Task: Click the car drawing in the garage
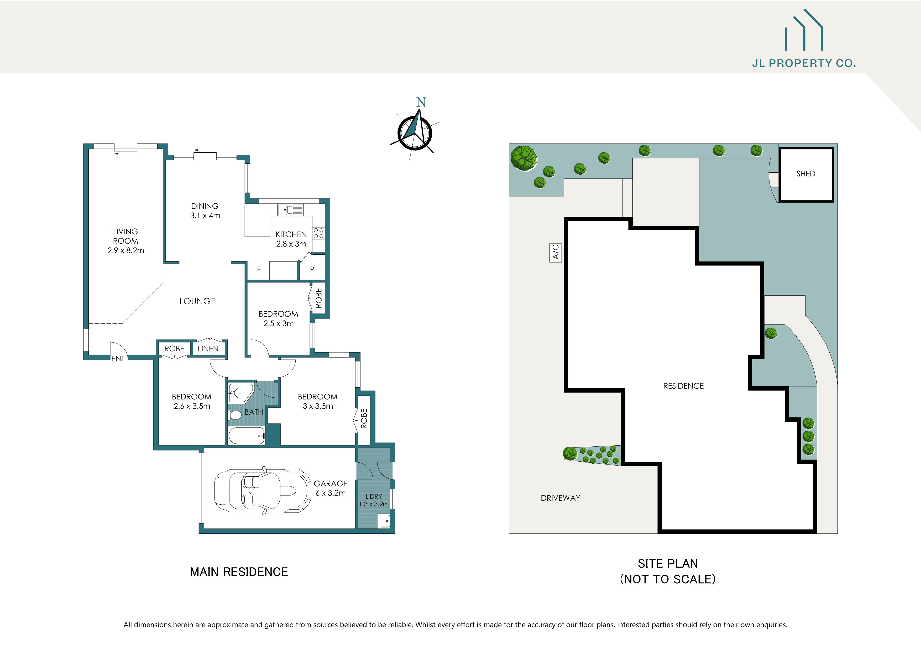[x=263, y=491]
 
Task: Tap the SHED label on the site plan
[x=805, y=174]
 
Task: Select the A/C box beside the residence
[x=555, y=253]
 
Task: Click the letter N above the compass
[x=421, y=103]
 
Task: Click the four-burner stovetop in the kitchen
[x=318, y=233]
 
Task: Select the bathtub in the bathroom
[x=246, y=436]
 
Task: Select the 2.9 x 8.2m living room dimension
[x=125, y=250]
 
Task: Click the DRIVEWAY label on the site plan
[x=560, y=498]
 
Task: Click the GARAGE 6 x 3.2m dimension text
[x=331, y=493]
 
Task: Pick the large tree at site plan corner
[x=524, y=158]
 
